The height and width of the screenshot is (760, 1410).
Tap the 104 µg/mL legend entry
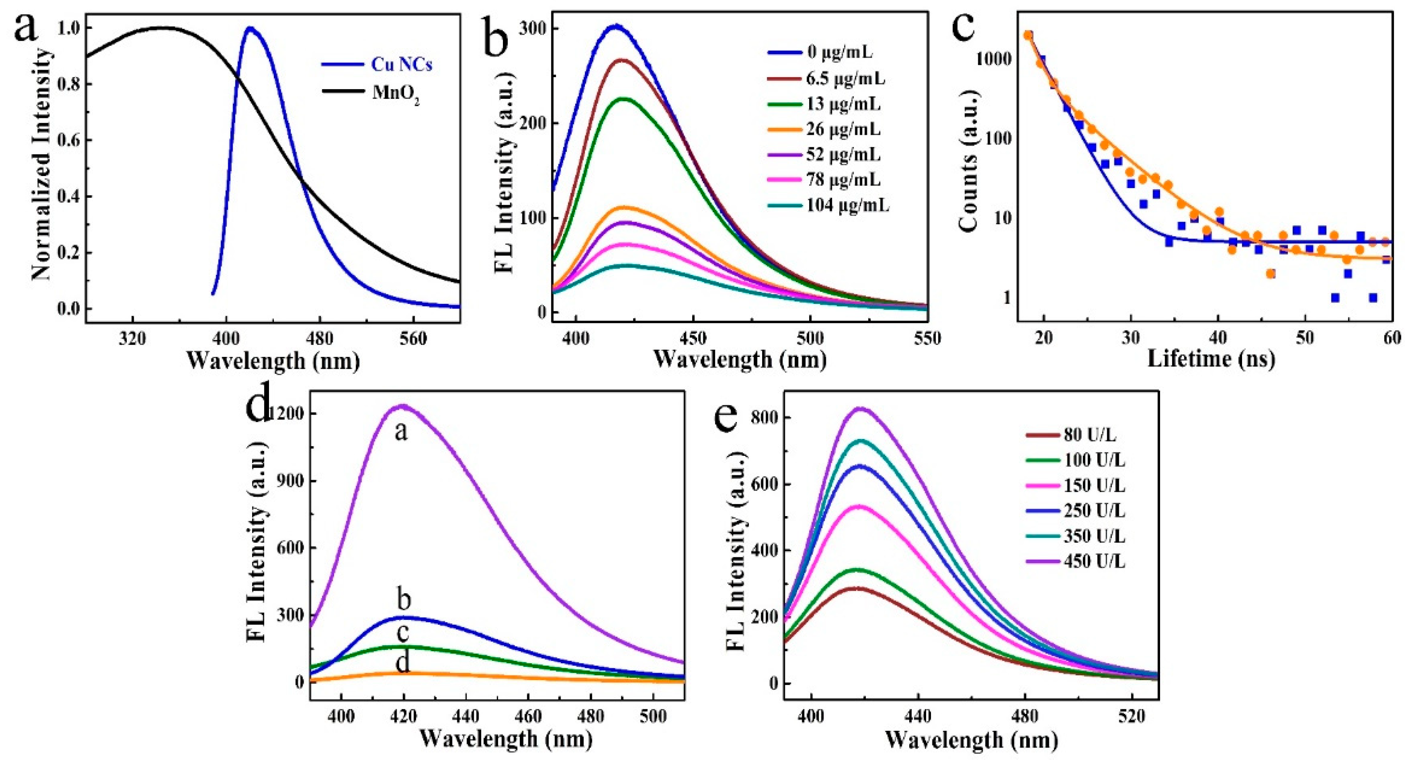pos(847,205)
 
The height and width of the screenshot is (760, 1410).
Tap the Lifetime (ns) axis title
pos(1211,359)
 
